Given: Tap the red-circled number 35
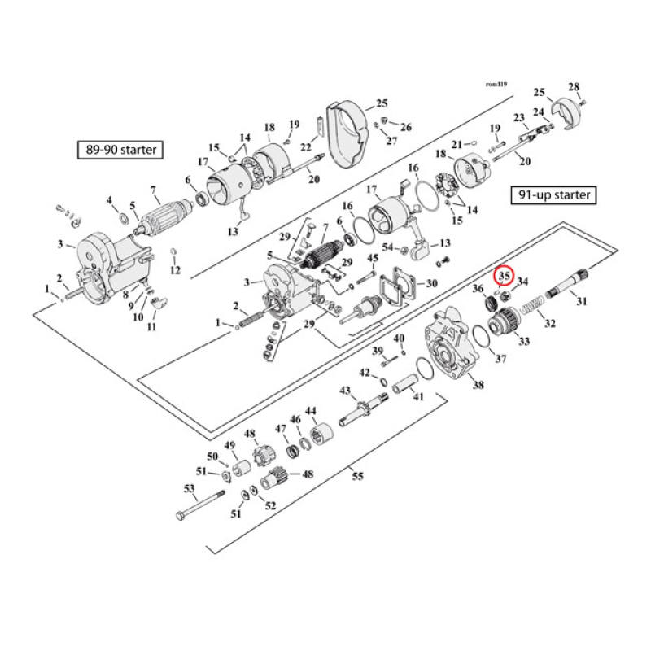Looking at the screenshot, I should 505,277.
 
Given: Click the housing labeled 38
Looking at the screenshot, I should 443,345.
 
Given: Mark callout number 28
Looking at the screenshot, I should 574,87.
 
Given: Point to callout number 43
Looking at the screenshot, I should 345,391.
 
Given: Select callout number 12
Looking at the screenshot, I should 175,270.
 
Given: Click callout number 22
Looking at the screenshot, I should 306,146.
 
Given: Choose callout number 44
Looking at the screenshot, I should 310,410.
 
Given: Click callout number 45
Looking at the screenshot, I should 373,259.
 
